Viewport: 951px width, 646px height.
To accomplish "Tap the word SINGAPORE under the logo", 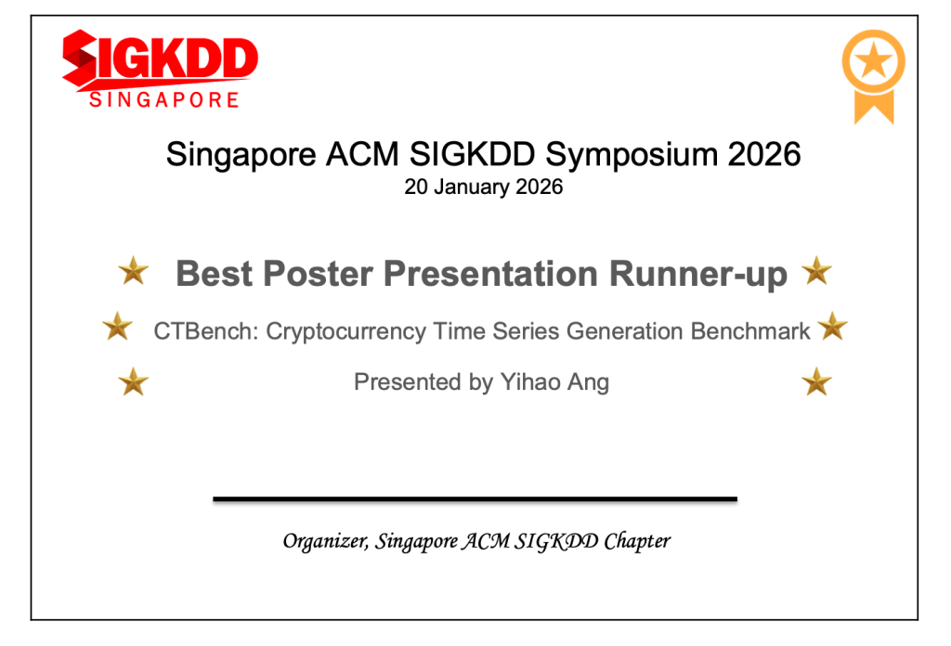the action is click(164, 100).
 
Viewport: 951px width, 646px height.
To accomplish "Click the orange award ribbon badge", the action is click(873, 77).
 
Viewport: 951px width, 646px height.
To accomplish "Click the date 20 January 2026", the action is click(483, 187).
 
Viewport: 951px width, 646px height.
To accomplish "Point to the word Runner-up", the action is click(698, 274).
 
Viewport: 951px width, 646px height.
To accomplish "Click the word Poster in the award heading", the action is click(318, 273).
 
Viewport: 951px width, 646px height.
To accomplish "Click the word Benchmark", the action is click(750, 331).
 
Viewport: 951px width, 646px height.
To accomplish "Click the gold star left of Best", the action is click(134, 270).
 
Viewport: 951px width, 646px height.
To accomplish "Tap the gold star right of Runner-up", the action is click(816, 270).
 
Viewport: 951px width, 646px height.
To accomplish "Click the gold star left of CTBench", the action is click(118, 326).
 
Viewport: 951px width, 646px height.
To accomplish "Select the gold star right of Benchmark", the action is click(833, 326).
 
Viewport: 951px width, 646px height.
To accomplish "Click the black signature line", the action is click(475, 499).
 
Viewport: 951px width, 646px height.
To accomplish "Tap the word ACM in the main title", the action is click(362, 154).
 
